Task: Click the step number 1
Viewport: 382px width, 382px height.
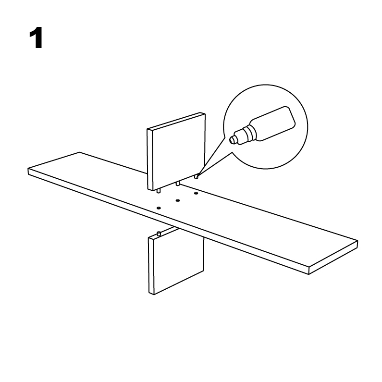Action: [36, 38]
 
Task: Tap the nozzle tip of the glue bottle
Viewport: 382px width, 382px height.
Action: [233, 140]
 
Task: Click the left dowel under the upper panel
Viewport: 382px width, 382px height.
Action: [159, 191]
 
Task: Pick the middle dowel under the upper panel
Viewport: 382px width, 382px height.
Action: [178, 184]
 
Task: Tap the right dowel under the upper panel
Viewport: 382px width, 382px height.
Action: [197, 176]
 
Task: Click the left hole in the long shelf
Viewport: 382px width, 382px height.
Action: [159, 208]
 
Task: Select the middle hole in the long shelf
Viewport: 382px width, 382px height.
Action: [178, 200]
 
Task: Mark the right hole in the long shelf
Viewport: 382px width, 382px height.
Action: [196, 194]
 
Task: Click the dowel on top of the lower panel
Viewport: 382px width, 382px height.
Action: [159, 234]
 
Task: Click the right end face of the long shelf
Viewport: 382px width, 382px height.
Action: [333, 258]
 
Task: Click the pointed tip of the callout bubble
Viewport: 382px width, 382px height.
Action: [197, 176]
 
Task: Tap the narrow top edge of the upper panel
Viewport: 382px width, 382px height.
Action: [176, 121]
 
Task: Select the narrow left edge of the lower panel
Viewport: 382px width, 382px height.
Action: [151, 266]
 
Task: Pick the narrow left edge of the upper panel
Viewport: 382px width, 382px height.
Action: [150, 160]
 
